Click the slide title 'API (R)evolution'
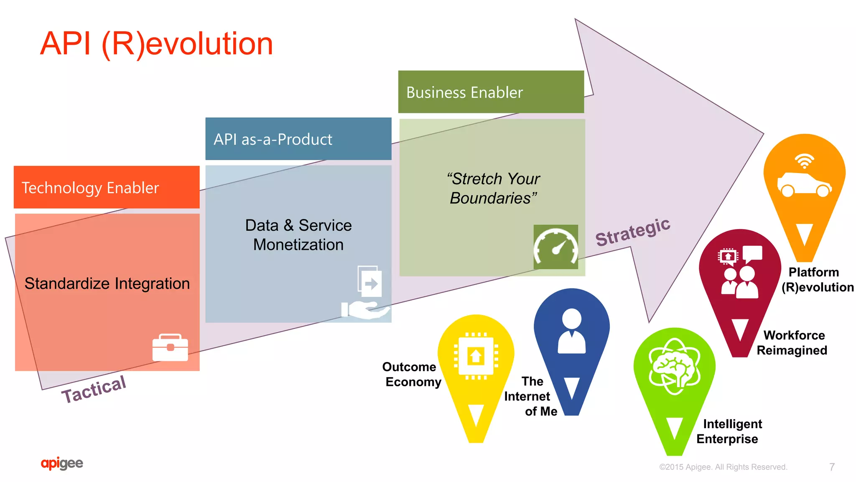pyautogui.click(x=156, y=43)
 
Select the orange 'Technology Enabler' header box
pyautogui.click(x=107, y=187)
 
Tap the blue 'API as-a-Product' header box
pyautogui.click(x=298, y=139)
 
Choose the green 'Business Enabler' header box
pyautogui.click(x=491, y=92)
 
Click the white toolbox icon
pyautogui.click(x=170, y=347)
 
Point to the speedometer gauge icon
pyautogui.click(x=555, y=247)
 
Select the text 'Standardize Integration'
pyautogui.click(x=107, y=283)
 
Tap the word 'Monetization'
pyautogui.click(x=298, y=245)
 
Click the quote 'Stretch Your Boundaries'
pyautogui.click(x=493, y=188)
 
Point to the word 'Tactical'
pyautogui.click(x=94, y=388)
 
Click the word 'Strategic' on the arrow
pyautogui.click(x=633, y=232)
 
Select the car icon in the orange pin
pyautogui.click(x=804, y=184)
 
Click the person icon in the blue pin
pyautogui.click(x=571, y=331)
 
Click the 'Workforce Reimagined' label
pyautogui.click(x=792, y=342)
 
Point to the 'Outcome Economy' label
pyautogui.click(x=412, y=374)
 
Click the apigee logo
pyautogui.click(x=62, y=463)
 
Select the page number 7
pyautogui.click(x=832, y=467)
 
